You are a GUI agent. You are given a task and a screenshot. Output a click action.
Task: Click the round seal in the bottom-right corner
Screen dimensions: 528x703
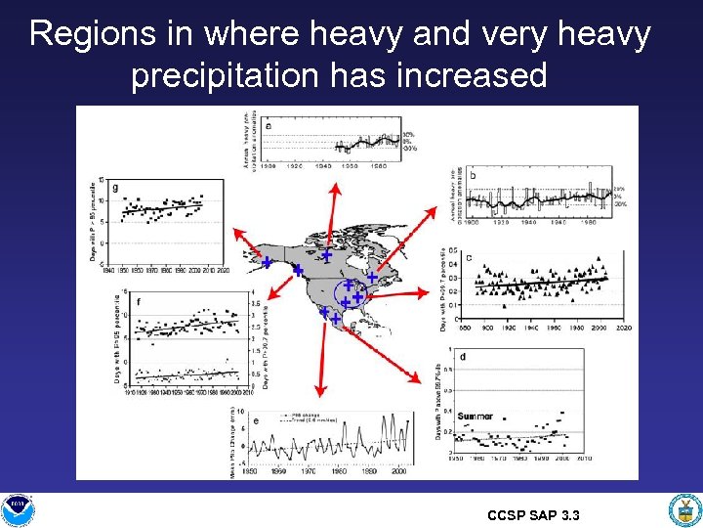point(682,509)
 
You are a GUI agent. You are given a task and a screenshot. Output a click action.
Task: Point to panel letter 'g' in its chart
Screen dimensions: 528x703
point(116,189)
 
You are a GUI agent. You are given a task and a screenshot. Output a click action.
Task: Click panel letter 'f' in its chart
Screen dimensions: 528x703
point(139,302)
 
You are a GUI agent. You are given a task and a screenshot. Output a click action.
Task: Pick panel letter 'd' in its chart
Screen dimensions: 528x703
point(462,357)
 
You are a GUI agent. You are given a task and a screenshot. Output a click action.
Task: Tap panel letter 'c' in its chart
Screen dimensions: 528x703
point(469,258)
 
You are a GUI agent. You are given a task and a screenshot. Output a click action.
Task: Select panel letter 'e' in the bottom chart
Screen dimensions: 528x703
point(256,421)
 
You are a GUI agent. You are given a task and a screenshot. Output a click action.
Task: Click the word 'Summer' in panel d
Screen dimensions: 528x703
point(476,417)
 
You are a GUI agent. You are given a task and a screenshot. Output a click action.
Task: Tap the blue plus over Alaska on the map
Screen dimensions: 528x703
point(267,262)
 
